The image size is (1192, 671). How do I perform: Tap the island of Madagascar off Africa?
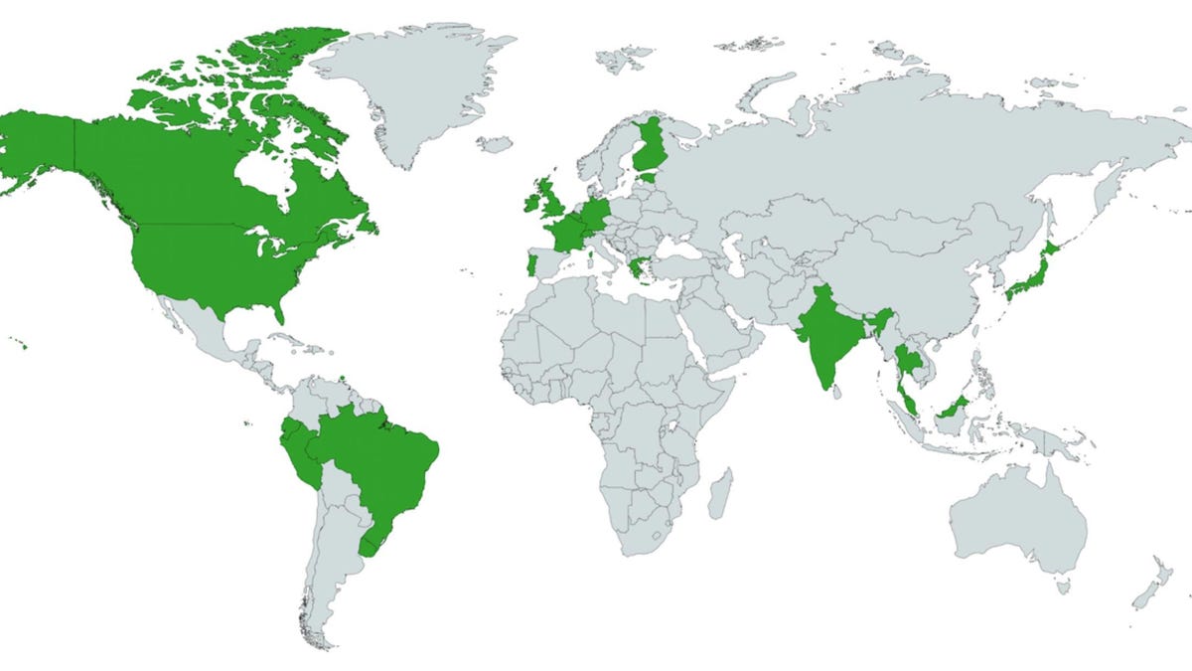coord(722,493)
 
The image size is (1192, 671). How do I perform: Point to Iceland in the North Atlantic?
coord(494,144)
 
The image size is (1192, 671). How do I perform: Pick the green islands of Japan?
coord(1033,273)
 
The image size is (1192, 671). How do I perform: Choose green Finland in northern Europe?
coord(652,149)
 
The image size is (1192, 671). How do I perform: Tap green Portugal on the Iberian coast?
coord(530,266)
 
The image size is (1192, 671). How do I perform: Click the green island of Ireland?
coord(529,201)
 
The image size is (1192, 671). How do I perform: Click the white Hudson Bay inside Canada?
coord(263,179)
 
